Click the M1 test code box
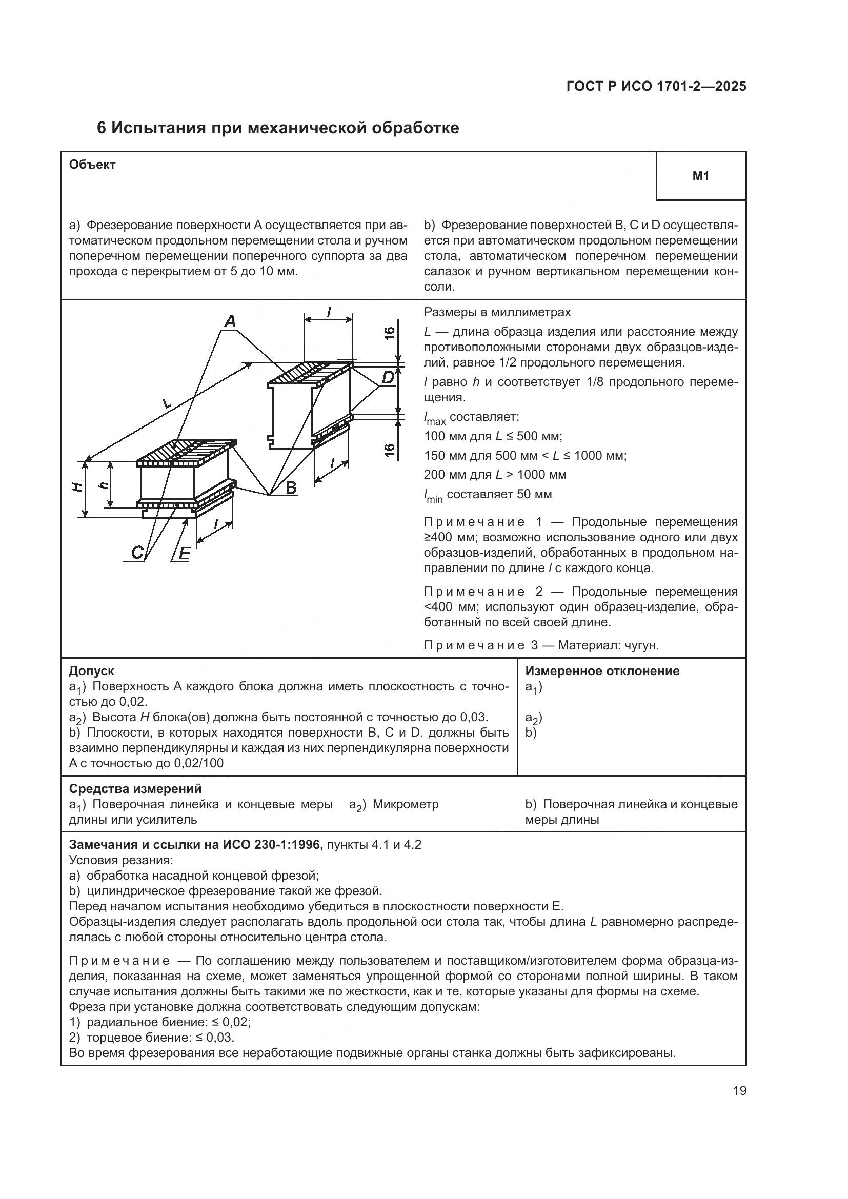tap(701, 176)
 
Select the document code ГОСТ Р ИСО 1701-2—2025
tap(656, 87)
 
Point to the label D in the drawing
tap(387, 377)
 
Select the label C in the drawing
tap(137, 553)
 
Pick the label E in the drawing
tap(184, 554)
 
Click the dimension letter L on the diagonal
tap(167, 403)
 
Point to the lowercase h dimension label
tap(104, 484)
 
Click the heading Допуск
tap(91, 671)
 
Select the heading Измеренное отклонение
tap(602, 671)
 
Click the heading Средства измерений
tap(135, 789)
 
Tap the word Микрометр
tap(406, 804)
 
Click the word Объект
tap(92, 165)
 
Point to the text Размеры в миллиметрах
tap(497, 312)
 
